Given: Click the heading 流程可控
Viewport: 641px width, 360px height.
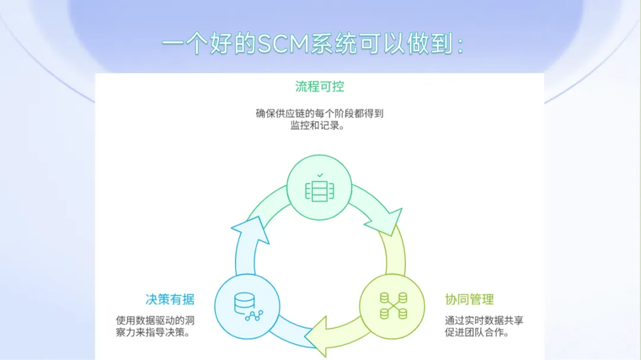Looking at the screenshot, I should click(x=319, y=87).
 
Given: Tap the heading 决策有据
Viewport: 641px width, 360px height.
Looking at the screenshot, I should click(x=170, y=299).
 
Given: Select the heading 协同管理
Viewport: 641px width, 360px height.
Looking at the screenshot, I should click(x=469, y=299).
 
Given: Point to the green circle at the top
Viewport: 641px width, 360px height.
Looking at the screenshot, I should click(x=319, y=187).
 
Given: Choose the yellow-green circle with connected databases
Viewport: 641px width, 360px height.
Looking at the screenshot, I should click(x=392, y=305).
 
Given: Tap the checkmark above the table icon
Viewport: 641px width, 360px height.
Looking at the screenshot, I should click(x=319, y=176).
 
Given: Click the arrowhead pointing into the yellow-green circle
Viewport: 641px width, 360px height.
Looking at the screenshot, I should click(x=386, y=222).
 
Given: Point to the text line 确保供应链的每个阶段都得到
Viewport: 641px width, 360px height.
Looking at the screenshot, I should click(x=319, y=113).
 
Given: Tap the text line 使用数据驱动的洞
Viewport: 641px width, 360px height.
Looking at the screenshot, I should click(x=155, y=320).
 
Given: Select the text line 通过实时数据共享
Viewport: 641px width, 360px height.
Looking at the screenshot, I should click(x=484, y=320).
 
